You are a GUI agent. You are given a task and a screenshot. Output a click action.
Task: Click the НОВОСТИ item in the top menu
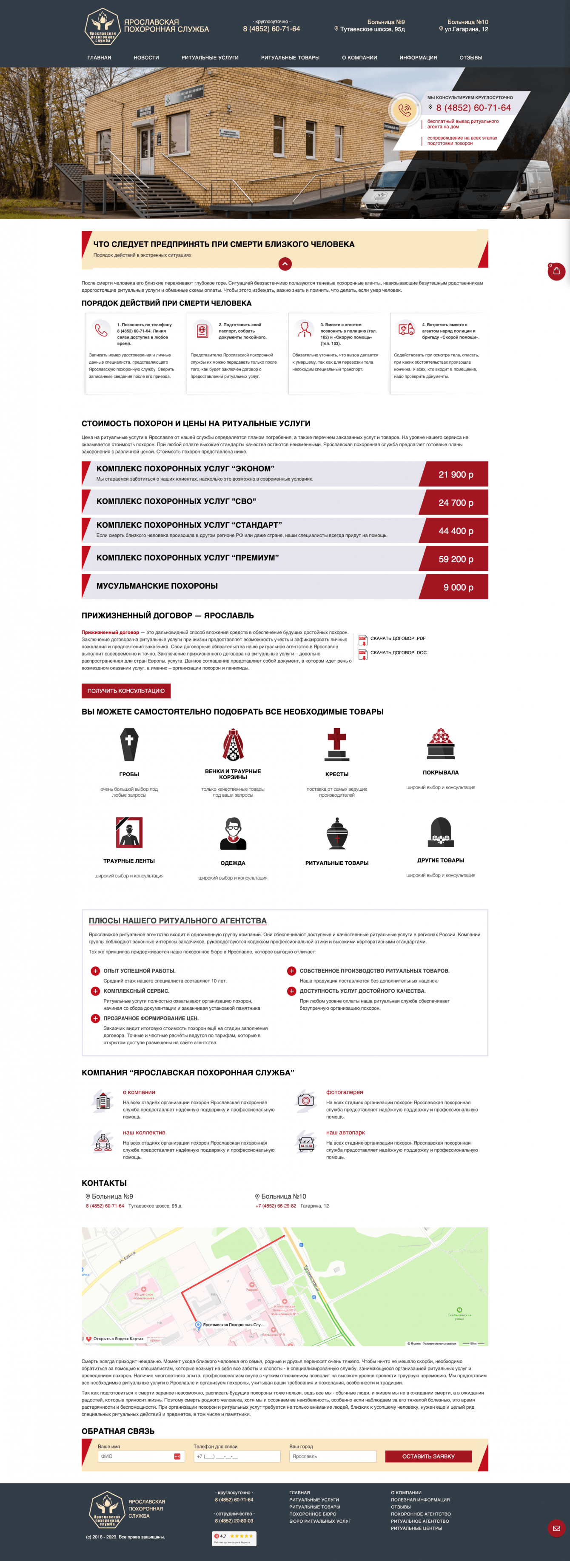pos(146,57)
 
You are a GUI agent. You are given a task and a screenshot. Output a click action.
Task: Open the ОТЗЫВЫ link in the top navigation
pos(470,57)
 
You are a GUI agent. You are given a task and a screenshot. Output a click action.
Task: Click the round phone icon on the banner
pos(404,110)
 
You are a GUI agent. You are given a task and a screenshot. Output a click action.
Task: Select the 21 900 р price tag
pos(456,475)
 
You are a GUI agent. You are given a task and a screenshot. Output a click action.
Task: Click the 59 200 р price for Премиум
pos(456,559)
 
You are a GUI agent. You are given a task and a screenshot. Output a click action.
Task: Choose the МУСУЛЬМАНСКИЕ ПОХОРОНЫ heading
pos(157,586)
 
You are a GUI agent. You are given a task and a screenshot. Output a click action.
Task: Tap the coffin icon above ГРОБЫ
pos(129,744)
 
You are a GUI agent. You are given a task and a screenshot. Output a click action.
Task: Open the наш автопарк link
pos(345,1133)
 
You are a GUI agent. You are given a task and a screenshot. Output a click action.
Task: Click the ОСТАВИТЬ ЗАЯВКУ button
pos(428,1456)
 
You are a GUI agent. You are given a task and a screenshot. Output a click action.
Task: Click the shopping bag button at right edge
pos(556,271)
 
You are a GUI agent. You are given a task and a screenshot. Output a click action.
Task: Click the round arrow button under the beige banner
pos(285,264)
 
